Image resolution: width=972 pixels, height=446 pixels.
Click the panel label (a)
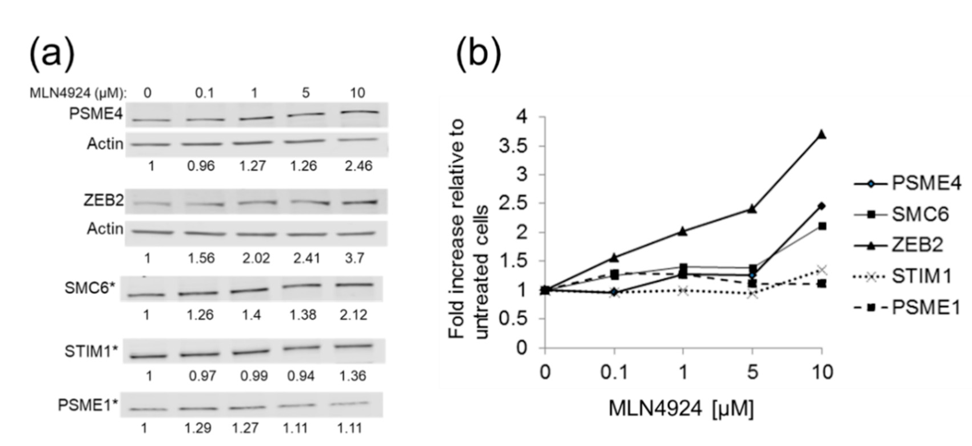[x=52, y=54]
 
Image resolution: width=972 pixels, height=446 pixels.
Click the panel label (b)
[x=479, y=54]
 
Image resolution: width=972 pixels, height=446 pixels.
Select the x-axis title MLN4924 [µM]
[x=681, y=408]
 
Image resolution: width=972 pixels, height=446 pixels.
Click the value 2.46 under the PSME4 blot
[x=358, y=166]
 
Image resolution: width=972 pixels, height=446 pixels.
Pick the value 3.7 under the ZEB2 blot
[x=354, y=258]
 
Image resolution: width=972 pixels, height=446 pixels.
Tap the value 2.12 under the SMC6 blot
[x=353, y=315]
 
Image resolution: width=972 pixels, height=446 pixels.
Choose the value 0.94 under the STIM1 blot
[x=301, y=376]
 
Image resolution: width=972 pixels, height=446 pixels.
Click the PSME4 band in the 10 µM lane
[x=359, y=112]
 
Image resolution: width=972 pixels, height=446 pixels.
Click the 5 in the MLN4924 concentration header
[x=306, y=93]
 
